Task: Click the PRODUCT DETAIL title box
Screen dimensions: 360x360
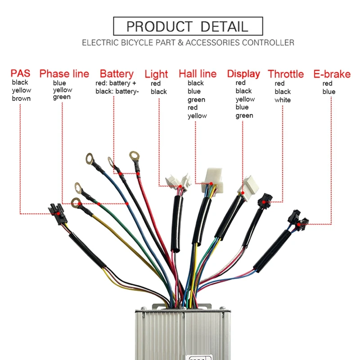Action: pos(187,26)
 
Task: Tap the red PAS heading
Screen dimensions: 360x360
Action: pos(21,73)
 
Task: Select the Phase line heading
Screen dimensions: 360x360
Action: pos(64,73)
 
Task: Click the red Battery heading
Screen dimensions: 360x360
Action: pos(117,73)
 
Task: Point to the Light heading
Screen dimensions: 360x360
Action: pos(156,74)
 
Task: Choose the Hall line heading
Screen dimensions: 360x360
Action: pos(198,73)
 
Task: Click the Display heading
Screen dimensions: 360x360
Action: pos(243,73)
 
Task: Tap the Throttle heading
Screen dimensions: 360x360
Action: pos(286,73)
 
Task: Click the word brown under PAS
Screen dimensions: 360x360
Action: pos(21,99)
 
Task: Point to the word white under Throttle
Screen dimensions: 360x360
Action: pos(283,100)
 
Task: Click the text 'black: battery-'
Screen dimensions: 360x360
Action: pos(117,92)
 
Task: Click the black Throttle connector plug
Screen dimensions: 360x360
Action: pos(263,201)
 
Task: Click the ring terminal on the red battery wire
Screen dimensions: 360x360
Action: pos(134,156)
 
